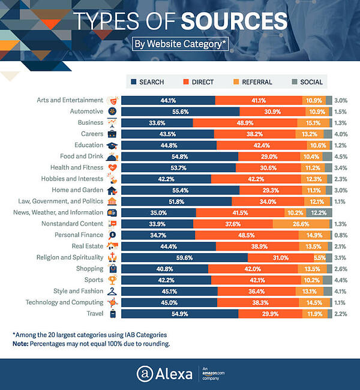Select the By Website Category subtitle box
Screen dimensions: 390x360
click(179, 44)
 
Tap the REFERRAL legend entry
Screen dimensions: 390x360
click(254, 82)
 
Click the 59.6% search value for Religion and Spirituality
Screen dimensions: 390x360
click(184, 257)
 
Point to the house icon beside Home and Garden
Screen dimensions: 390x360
click(112, 190)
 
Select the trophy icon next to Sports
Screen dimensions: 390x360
click(112, 280)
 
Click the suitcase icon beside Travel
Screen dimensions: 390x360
click(112, 314)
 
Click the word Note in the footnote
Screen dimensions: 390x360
click(21, 344)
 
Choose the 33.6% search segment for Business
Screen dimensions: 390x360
click(157, 122)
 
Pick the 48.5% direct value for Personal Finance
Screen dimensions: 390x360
click(246, 235)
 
